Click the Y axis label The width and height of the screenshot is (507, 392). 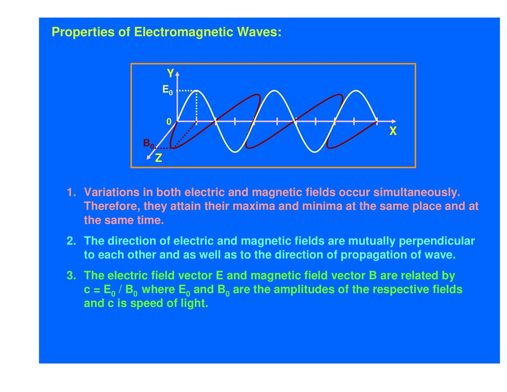(170, 73)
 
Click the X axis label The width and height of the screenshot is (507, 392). (393, 131)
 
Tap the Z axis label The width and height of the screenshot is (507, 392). (158, 158)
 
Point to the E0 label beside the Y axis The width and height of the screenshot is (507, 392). (167, 90)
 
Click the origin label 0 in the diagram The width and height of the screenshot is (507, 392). (169, 122)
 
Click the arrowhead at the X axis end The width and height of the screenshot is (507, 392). (394, 121)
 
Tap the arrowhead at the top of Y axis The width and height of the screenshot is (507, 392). (177, 74)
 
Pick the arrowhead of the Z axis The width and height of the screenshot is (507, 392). (148, 157)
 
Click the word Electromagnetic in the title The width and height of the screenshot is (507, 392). (183, 32)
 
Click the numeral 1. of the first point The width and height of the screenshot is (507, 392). (71, 192)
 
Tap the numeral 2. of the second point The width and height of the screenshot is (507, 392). (71, 241)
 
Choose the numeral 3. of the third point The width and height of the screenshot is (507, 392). (71, 275)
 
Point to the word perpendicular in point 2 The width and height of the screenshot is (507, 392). (437, 241)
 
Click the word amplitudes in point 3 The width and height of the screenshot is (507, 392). (300, 289)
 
